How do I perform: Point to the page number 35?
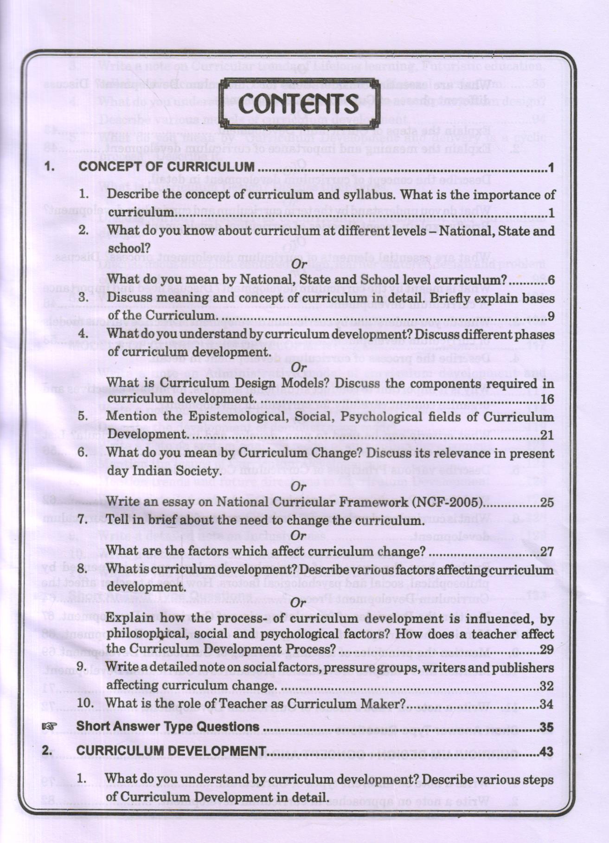(547, 727)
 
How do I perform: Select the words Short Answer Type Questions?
(167, 726)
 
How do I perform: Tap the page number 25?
(547, 502)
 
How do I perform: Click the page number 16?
(547, 399)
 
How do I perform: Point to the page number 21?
(547, 435)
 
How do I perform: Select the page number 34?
(547, 704)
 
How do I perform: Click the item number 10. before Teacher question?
(86, 703)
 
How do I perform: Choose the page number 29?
(547, 650)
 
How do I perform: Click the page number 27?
(547, 552)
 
